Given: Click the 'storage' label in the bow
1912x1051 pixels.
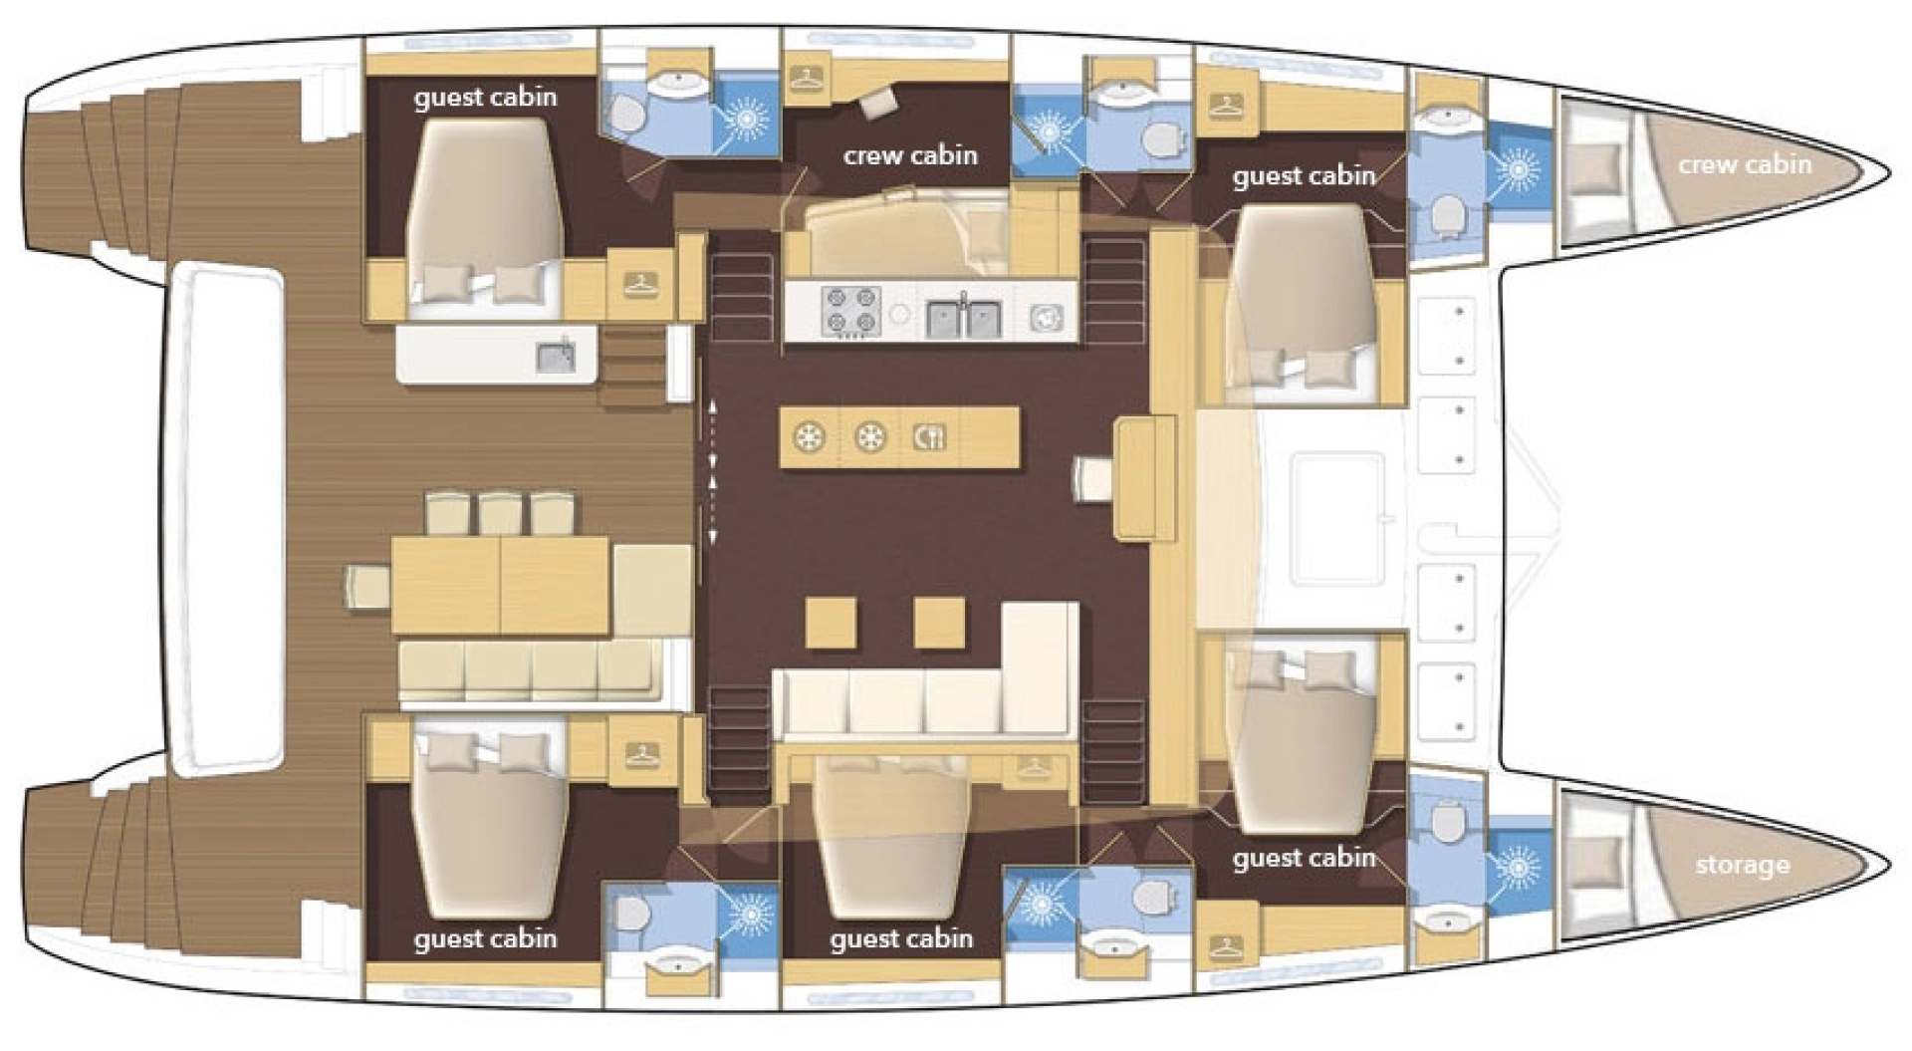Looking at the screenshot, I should pyautogui.click(x=1742, y=865).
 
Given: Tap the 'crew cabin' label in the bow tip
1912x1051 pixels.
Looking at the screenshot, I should pyautogui.click(x=1744, y=164).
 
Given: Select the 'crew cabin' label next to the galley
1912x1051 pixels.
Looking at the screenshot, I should pyautogui.click(x=910, y=155).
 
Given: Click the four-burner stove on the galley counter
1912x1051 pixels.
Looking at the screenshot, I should pyautogui.click(x=849, y=310).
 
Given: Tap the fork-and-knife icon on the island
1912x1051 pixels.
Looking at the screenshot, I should pyautogui.click(x=928, y=436).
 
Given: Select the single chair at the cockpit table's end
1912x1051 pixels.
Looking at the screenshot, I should pyautogui.click(x=366, y=585).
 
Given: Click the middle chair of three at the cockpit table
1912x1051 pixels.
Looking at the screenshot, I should pyautogui.click(x=500, y=513).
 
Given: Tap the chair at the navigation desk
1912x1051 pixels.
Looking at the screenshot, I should pyautogui.click(x=1092, y=478).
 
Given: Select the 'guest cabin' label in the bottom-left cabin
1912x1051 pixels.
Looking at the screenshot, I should pyautogui.click(x=485, y=938).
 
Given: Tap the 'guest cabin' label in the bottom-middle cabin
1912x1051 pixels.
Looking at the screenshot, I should pyautogui.click(x=900, y=938).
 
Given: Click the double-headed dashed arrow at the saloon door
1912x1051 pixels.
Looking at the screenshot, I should pyautogui.click(x=713, y=472).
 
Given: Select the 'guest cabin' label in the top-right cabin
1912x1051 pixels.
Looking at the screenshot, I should pyautogui.click(x=1303, y=176).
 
